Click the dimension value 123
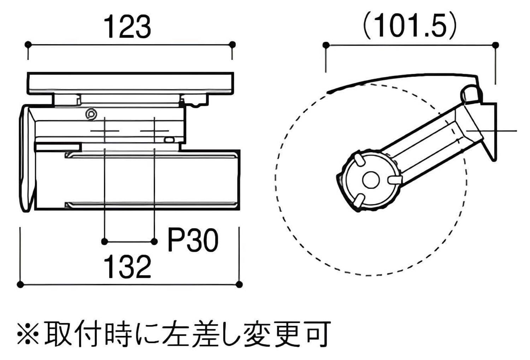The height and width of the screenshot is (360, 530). pos(128,28)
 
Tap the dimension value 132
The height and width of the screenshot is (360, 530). pos(128,267)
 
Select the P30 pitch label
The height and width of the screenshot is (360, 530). pos(193,240)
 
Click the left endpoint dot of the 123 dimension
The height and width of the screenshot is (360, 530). pos(28,44)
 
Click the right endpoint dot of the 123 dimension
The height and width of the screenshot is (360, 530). pos(232,44)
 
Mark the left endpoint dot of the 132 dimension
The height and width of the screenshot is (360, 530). pos(20,284)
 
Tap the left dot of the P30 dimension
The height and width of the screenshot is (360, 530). pos(104,242)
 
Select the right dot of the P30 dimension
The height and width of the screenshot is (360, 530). pos(154,242)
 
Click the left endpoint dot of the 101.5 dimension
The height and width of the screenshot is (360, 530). pos(326,45)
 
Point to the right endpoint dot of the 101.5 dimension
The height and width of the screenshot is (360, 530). pos(495,45)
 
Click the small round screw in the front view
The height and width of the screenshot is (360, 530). pos(92,114)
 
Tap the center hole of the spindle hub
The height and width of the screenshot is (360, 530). pos(370,179)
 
